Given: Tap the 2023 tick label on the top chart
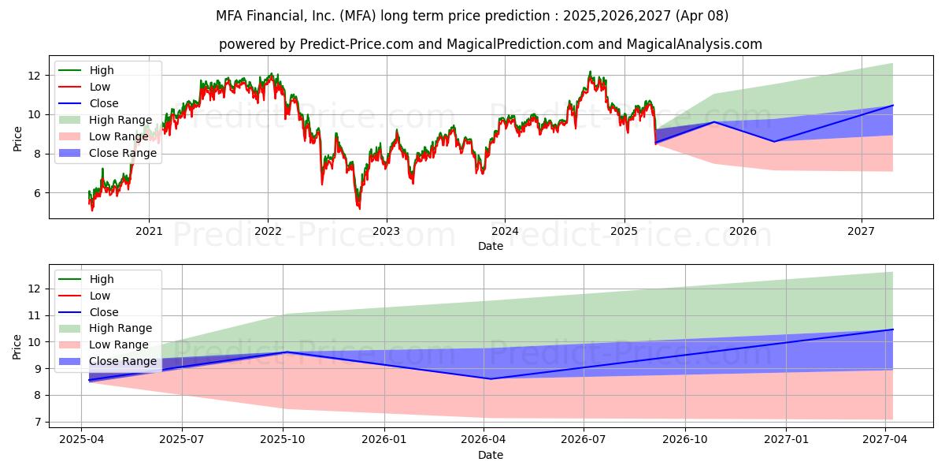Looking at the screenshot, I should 386,230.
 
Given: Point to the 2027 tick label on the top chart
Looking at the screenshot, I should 862,230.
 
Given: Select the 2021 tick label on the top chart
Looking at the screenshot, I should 149,230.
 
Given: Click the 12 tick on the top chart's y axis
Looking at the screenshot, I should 34,76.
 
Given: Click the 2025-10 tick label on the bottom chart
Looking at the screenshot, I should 283,439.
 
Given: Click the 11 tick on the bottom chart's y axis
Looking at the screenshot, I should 34,315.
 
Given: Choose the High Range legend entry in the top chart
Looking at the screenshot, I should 120,120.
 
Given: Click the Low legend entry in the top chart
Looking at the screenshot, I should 99,87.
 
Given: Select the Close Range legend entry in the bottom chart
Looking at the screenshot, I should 122,362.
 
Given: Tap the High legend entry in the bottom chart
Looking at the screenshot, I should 101,279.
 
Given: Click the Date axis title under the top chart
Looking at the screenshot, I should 490,246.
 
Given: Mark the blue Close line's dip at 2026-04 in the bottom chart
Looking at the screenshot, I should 491,378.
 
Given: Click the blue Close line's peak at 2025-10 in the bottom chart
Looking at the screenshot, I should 285,352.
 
